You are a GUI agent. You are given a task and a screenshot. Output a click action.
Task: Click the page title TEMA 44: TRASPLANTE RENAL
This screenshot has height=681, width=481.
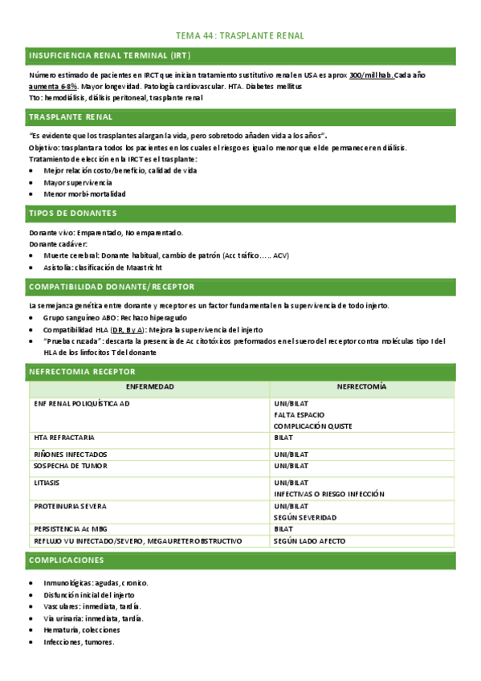(240, 36)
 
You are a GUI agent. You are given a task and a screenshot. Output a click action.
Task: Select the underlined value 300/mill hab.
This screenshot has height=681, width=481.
(371, 75)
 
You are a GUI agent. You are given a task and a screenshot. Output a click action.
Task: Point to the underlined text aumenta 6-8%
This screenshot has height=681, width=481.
(54, 85)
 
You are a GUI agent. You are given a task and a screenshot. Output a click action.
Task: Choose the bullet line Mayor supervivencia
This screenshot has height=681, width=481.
(78, 182)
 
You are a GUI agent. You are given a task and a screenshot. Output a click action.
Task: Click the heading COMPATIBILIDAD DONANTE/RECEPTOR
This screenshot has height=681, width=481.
(112, 287)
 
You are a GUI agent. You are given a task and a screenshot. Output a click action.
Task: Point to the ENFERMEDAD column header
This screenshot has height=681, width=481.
(150, 387)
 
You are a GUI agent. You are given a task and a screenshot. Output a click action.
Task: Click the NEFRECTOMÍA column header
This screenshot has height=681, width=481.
(361, 387)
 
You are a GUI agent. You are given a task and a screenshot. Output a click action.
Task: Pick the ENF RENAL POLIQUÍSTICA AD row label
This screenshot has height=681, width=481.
(82, 404)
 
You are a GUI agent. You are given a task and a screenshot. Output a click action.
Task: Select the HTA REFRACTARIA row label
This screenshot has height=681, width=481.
(64, 438)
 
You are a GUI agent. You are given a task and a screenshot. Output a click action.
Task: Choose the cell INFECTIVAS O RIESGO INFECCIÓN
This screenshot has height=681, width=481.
(328, 494)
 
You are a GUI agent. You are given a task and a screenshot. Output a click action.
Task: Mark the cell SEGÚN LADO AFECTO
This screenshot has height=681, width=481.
(309, 541)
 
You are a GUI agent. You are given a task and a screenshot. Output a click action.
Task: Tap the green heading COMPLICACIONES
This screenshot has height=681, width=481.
(64, 560)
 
